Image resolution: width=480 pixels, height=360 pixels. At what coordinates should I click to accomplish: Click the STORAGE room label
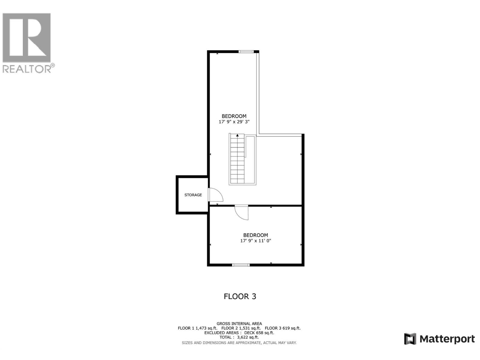193,195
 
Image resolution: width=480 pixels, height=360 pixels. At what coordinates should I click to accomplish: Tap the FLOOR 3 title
240,296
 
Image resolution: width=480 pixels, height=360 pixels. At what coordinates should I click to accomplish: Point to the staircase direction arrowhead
237,136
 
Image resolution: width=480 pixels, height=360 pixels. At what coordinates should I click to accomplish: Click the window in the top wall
246,52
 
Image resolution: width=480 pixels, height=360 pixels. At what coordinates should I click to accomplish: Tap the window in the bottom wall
241,265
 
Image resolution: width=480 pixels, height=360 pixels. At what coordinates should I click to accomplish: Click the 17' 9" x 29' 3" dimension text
234,122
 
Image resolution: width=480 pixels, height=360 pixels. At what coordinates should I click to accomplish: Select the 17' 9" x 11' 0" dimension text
256,241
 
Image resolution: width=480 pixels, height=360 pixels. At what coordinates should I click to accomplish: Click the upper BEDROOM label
234,116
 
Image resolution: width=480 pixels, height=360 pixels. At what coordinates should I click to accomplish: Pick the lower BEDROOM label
256,235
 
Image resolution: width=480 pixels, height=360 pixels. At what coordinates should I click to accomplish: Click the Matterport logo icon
410,339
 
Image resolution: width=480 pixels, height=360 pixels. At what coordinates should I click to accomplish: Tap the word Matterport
447,339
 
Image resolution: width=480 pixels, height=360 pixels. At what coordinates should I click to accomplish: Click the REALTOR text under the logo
27,69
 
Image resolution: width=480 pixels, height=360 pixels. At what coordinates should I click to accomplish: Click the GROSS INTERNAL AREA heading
239,323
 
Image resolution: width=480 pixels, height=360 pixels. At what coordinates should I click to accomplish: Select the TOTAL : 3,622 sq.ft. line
239,337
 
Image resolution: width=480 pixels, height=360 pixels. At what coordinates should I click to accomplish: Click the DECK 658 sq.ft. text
259,333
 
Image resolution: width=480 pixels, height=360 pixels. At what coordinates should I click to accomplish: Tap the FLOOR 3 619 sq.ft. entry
283,328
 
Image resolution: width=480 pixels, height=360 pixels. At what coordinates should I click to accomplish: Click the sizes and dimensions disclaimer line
239,343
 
